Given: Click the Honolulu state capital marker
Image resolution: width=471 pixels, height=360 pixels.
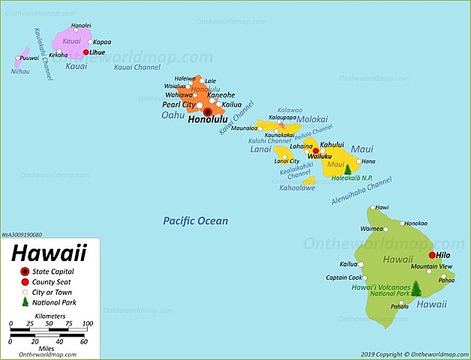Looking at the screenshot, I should [208, 112].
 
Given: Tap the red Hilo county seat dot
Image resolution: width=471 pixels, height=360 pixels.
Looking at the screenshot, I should [432, 255].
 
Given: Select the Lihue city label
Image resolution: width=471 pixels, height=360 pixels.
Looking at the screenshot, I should [97, 52].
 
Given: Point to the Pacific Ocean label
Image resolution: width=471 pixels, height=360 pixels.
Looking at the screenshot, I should [196, 220].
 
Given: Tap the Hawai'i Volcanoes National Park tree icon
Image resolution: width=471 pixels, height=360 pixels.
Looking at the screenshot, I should [417, 287].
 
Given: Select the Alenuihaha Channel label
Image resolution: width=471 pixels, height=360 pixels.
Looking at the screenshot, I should [361, 191].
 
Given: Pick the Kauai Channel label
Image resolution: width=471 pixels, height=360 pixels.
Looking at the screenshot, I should [137, 67].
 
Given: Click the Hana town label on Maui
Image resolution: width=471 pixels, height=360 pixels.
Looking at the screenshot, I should [367, 161].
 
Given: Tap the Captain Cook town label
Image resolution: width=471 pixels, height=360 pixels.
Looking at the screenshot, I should [343, 277].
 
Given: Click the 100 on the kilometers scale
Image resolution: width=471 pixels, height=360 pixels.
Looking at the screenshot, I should [87, 324].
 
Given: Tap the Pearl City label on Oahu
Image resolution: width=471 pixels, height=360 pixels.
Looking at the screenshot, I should [179, 105].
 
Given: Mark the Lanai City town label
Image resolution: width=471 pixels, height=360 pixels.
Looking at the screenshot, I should [286, 161].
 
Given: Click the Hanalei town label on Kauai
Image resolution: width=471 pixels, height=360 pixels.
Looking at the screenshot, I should [81, 25].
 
